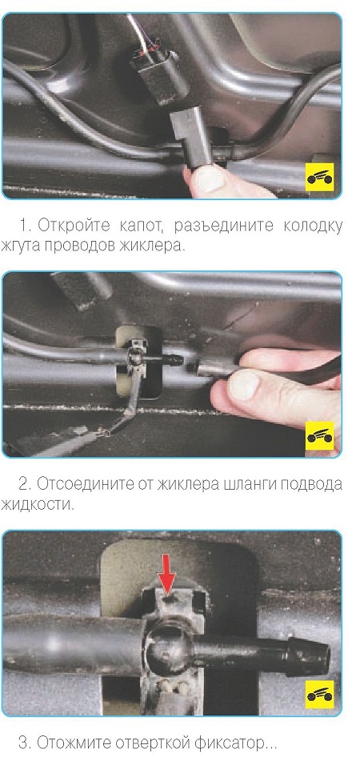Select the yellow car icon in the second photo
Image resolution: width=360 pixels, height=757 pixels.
pyautogui.click(x=319, y=435)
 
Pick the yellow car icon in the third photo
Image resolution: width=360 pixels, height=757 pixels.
pyautogui.click(x=319, y=695)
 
